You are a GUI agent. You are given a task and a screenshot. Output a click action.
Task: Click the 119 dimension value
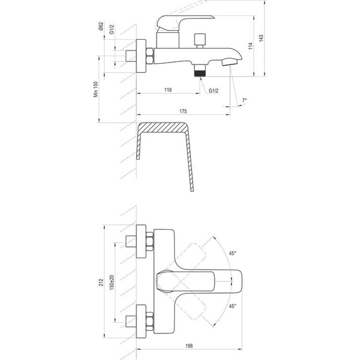tap(168, 90)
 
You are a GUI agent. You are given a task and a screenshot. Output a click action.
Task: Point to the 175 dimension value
tap(183, 112)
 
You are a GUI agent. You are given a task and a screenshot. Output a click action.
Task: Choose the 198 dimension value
tap(189, 347)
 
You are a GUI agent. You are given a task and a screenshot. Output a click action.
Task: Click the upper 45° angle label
tap(233, 253)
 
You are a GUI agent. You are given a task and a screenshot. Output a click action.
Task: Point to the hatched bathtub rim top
tap(163, 128)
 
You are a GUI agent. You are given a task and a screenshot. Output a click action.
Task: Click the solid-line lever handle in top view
tap(196, 279)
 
